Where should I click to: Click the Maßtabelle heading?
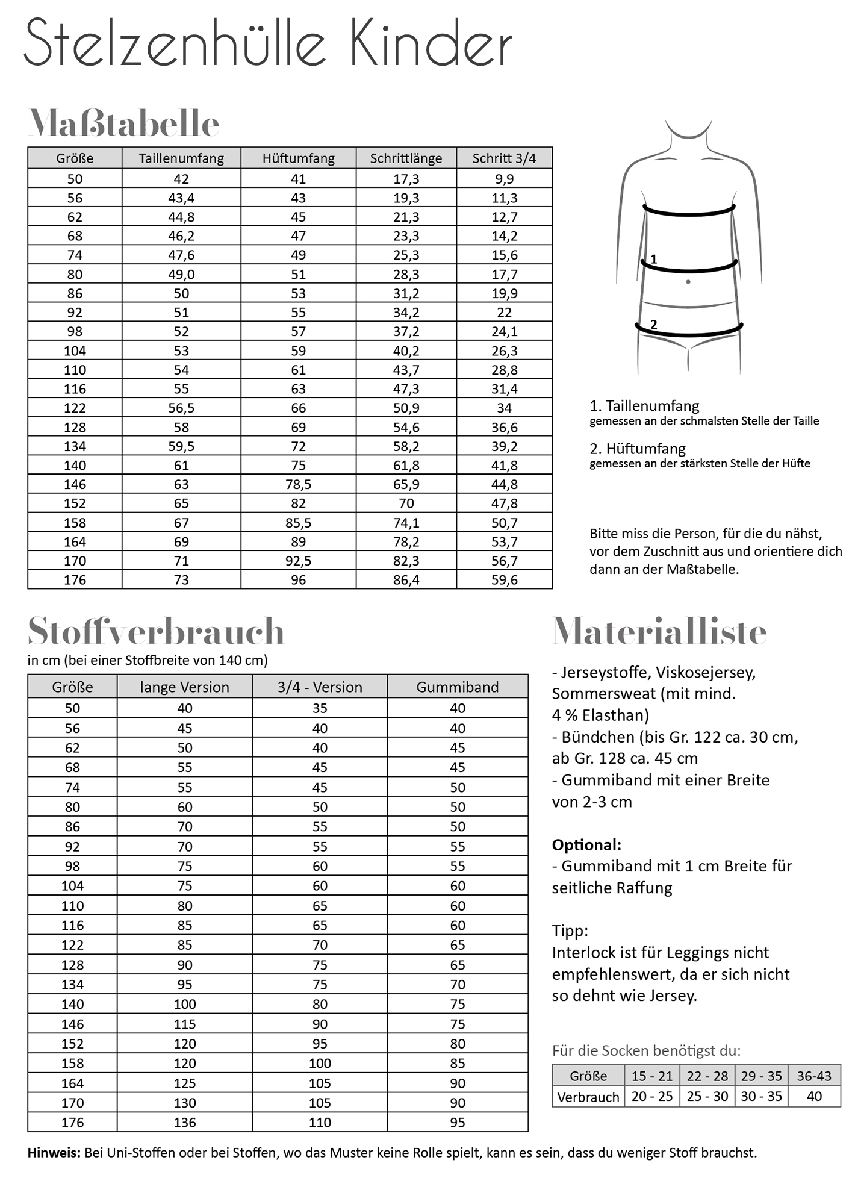click(x=123, y=124)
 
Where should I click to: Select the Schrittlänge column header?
click(x=406, y=158)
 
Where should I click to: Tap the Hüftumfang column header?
click(x=298, y=158)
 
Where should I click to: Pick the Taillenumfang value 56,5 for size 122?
click(x=181, y=408)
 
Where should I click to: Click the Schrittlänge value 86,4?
click(x=406, y=580)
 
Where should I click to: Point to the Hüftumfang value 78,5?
click(x=298, y=484)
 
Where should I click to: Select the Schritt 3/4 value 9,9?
click(x=504, y=179)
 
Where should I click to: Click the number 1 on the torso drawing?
click(x=654, y=259)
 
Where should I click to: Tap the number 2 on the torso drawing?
click(x=654, y=324)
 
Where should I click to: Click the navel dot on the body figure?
click(x=688, y=282)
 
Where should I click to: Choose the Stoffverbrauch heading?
click(x=155, y=631)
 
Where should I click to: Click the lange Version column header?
click(x=184, y=687)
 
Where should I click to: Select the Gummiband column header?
click(x=457, y=687)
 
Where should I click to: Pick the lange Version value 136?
click(x=184, y=1122)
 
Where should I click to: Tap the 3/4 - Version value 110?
click(x=320, y=1122)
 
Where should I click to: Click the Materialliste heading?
click(x=659, y=631)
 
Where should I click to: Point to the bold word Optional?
click(x=586, y=844)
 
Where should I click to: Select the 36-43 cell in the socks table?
click(x=814, y=1076)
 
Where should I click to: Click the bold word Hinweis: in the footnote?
click(x=54, y=1153)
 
